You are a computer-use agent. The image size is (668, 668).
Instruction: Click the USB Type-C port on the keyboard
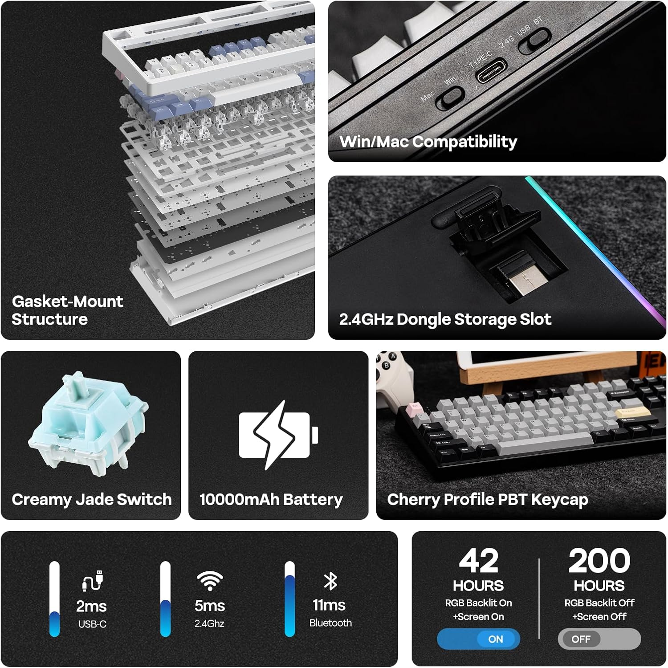(492, 70)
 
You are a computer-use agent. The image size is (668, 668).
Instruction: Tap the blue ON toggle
(478, 639)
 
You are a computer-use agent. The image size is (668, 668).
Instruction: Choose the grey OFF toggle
(599, 639)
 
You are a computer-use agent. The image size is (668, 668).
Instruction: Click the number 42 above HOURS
(478, 561)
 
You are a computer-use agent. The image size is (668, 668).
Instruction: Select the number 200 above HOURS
(599, 561)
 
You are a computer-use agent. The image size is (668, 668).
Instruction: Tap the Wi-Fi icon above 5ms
(210, 581)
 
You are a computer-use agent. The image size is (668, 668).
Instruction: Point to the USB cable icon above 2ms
(93, 581)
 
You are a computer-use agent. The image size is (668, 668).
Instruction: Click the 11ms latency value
(329, 605)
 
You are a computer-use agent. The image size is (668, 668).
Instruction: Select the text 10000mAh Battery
(271, 500)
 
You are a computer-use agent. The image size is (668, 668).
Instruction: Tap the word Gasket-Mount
(67, 301)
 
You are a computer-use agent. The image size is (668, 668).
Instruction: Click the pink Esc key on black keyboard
(415, 407)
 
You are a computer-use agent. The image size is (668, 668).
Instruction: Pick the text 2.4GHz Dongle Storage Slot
(445, 319)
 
